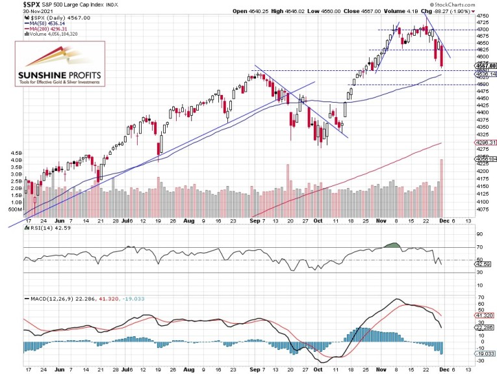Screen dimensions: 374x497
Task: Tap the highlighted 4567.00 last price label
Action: (x=485, y=66)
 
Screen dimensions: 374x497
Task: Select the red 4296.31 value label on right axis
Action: (x=485, y=142)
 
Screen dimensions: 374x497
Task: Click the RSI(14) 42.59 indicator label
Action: (x=42, y=230)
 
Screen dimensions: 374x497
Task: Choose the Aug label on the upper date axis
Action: (x=187, y=221)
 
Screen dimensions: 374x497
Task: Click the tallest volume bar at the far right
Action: (x=442, y=189)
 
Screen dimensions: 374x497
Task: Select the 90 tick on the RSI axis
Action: (x=481, y=234)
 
